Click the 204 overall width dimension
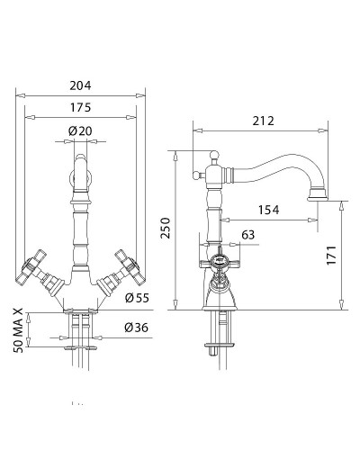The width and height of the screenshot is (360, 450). click(x=81, y=85)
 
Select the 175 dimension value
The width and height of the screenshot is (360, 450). click(x=81, y=109)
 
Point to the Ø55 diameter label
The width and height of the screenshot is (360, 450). click(x=136, y=297)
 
